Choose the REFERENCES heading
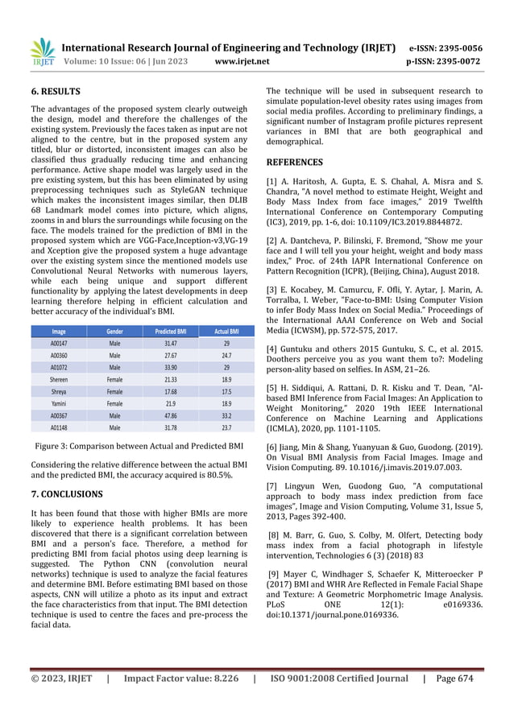(295, 162)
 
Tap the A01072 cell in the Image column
(59, 343)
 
